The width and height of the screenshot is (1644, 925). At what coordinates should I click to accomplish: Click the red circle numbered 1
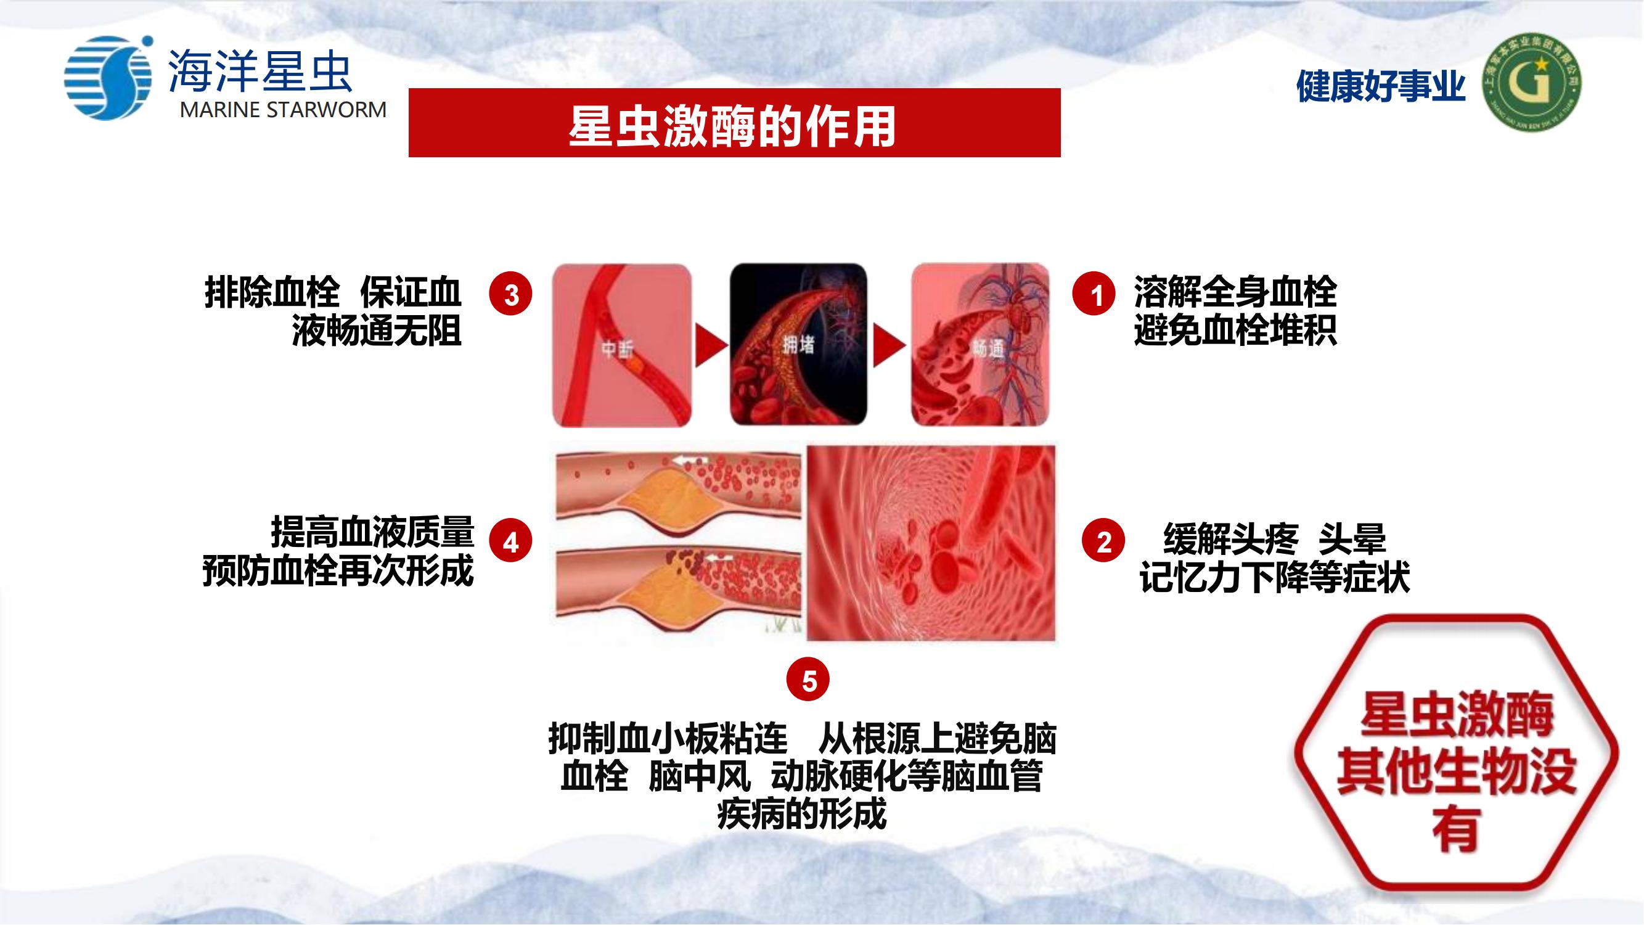click(1094, 294)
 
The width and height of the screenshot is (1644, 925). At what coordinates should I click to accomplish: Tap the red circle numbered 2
click(1103, 541)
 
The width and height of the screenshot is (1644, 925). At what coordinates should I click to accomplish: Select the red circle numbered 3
click(510, 294)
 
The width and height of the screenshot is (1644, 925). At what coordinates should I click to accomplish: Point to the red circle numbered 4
click(510, 541)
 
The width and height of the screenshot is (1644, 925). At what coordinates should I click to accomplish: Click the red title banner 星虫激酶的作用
click(734, 123)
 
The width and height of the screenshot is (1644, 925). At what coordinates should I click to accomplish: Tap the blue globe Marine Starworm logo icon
click(108, 78)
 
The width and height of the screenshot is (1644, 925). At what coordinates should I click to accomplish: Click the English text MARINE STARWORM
click(283, 110)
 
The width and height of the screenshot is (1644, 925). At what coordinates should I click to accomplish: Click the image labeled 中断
click(621, 345)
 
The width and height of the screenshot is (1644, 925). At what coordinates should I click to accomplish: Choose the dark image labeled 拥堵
click(798, 345)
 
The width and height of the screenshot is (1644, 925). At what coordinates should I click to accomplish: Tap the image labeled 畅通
click(980, 345)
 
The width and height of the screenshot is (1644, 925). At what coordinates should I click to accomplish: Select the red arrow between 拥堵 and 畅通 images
click(888, 345)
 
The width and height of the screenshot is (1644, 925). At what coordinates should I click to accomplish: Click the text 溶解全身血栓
click(1235, 292)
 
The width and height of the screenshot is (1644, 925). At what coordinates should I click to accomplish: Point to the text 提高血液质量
click(373, 532)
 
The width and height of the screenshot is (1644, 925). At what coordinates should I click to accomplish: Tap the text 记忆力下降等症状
click(1275, 577)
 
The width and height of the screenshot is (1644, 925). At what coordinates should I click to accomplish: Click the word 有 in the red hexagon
click(1456, 828)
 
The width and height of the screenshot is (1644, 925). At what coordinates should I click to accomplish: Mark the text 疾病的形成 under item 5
click(801, 814)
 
